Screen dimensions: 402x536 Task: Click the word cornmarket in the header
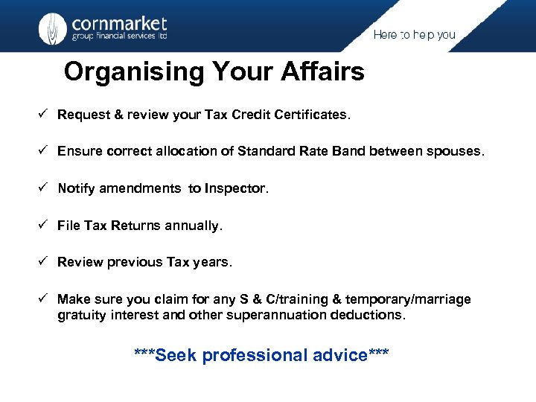click(x=119, y=22)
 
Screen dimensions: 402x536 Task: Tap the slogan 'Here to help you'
click(x=414, y=35)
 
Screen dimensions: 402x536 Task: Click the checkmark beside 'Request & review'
click(x=45, y=115)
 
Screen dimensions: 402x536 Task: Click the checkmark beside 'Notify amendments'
click(x=45, y=188)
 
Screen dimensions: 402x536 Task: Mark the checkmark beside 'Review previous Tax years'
click(x=45, y=262)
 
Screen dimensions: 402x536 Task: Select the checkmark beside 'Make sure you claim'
click(x=45, y=299)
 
